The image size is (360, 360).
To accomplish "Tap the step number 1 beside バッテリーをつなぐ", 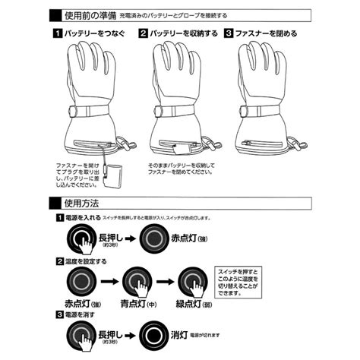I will tap(57, 34).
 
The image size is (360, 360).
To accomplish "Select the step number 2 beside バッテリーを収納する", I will tap(142, 34).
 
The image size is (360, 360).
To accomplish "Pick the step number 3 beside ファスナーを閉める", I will tap(227, 34).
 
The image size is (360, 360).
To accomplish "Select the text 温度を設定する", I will tap(88, 261).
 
